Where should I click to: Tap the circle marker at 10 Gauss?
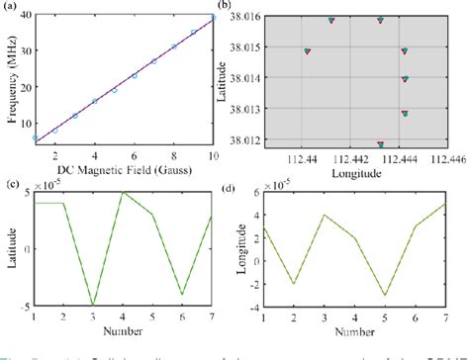(213, 18)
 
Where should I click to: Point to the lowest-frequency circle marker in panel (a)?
(36, 138)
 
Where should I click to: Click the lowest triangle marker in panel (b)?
(380, 144)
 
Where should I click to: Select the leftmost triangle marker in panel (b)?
(308, 50)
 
